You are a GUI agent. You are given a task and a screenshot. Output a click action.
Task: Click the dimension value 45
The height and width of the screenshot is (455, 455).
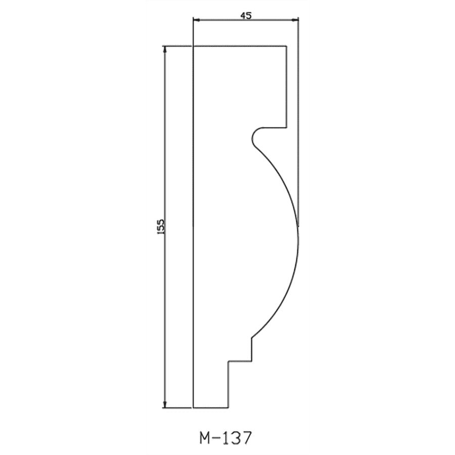(246, 16)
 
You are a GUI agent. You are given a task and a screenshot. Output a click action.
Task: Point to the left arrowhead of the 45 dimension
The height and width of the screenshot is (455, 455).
(197, 20)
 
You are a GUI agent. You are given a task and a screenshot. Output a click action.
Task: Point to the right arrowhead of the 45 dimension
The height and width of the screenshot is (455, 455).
(295, 20)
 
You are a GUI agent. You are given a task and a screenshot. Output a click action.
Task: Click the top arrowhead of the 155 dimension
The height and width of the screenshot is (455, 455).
(165, 50)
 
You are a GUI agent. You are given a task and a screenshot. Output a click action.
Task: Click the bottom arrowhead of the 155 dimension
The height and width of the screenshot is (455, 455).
(165, 404)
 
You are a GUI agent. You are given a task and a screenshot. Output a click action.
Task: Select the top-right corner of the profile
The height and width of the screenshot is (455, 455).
(287, 46)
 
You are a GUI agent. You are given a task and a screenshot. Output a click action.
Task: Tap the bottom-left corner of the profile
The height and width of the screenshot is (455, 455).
(193, 407)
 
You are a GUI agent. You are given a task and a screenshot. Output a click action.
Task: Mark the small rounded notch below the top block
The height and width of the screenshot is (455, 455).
(252, 137)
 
